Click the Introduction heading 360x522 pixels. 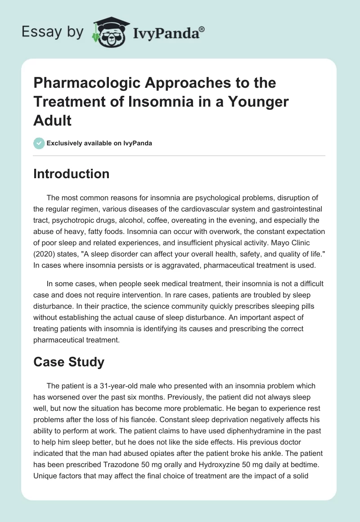[71, 174]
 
